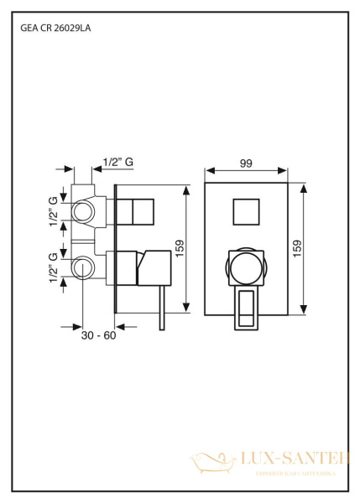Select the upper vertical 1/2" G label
pyautogui.click(x=55, y=210)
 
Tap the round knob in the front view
pyautogui.click(x=246, y=269)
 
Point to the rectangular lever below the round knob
pyautogui.click(x=247, y=306)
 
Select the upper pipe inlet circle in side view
pyautogui.click(x=84, y=210)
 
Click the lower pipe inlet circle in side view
pyautogui.click(x=84, y=268)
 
